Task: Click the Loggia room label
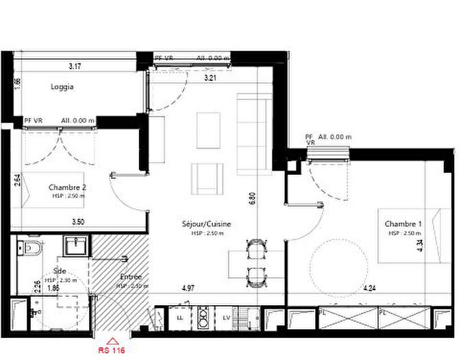click(x=62, y=87)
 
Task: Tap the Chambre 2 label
click(x=67, y=187)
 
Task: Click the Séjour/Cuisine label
click(x=206, y=224)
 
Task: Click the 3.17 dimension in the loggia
click(x=75, y=67)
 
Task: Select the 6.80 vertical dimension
click(x=253, y=199)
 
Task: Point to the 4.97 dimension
click(x=188, y=289)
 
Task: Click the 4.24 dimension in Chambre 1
click(x=370, y=289)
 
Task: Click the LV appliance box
click(x=226, y=317)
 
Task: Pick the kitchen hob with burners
click(x=203, y=317)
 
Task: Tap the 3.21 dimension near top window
click(x=213, y=78)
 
